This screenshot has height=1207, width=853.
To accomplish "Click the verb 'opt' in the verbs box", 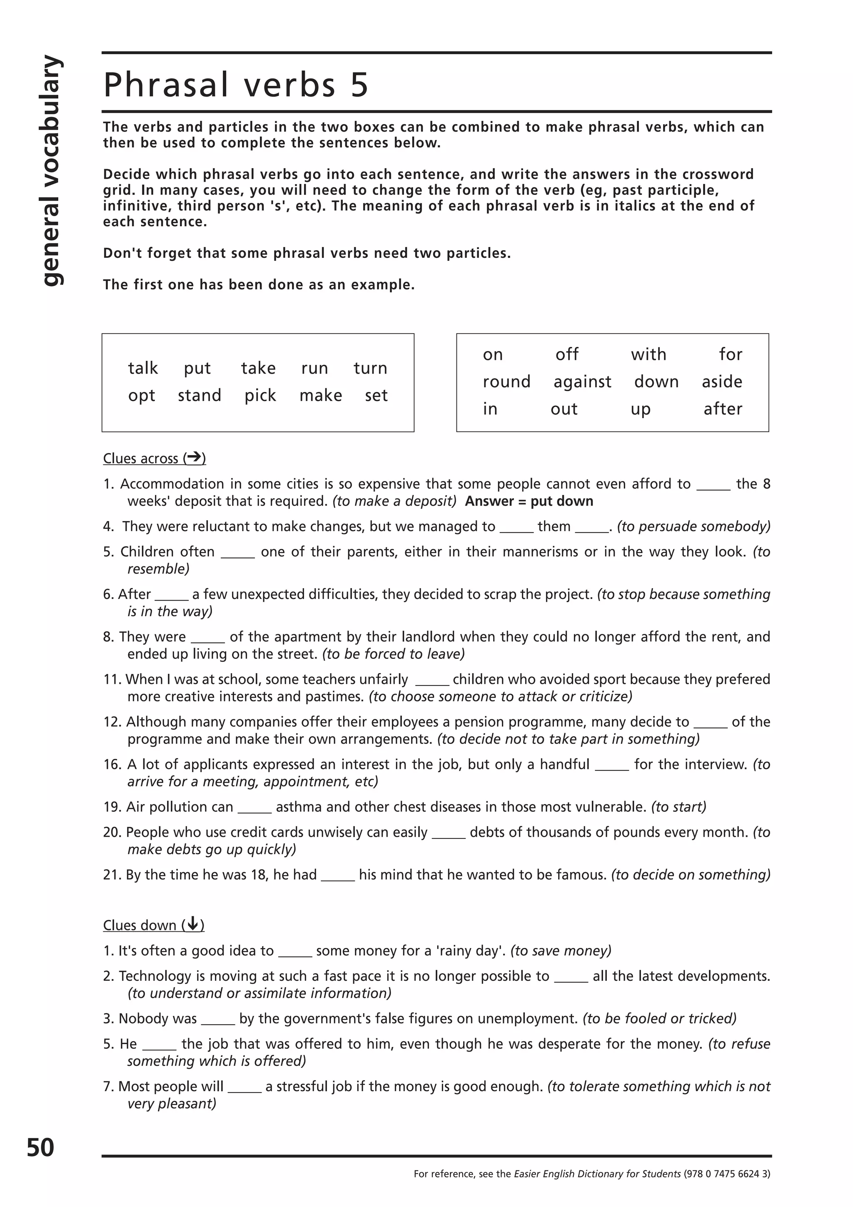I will pos(141,396).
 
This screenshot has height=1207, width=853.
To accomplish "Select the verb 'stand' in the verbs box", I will pos(199,395).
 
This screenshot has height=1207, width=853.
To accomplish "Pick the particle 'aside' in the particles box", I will pos(722,381).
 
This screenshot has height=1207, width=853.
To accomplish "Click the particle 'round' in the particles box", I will pos(506,381).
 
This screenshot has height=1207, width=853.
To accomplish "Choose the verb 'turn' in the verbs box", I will pos(370,368).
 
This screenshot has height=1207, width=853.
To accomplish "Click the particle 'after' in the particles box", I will pos(723,409).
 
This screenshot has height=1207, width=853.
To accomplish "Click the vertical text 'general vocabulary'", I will pos(52,171).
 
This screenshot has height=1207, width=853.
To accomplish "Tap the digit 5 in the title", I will pos(359,85).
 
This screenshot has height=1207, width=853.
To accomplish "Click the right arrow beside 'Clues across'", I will pos(195,457).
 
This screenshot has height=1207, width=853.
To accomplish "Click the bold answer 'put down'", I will pos(561,501).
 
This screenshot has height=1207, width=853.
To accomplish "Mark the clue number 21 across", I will pos(112,875).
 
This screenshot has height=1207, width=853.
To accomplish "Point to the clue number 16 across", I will pos(112,764).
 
